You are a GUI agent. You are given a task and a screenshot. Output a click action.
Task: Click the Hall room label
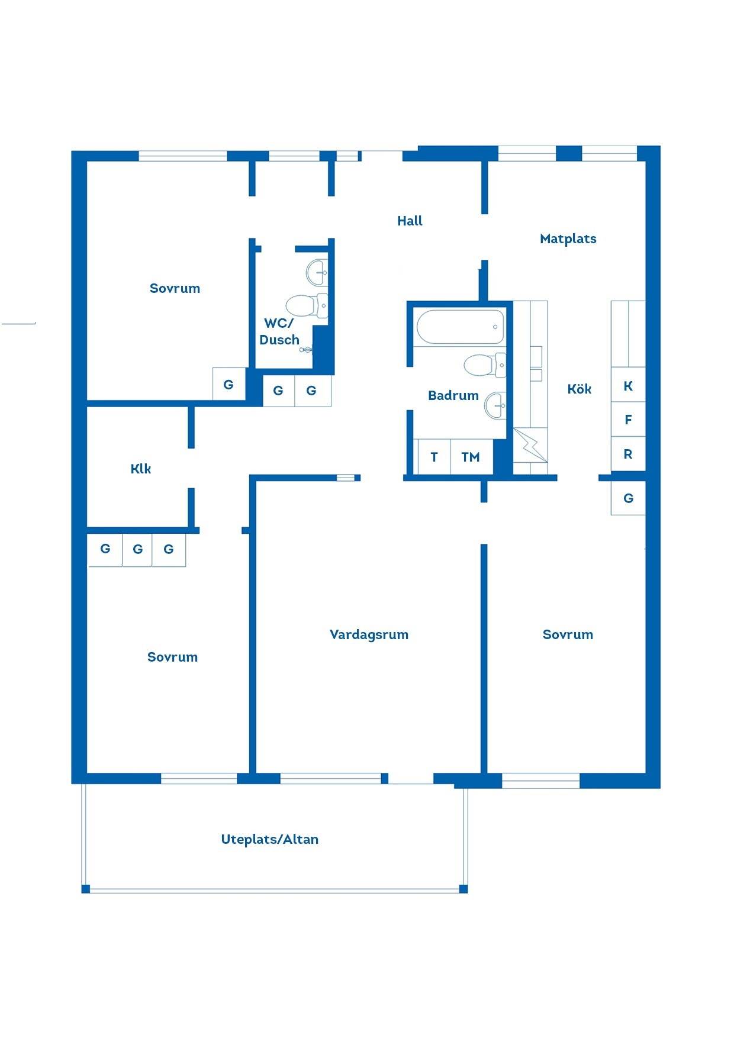[410, 221]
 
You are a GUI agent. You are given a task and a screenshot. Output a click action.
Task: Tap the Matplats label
[568, 239]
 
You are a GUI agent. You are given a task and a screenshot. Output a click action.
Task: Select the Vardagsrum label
[369, 635]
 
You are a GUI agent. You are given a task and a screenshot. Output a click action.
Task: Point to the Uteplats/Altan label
[269, 839]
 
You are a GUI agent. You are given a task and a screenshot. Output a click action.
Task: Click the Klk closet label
[141, 469]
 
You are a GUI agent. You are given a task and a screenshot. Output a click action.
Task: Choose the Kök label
[580, 389]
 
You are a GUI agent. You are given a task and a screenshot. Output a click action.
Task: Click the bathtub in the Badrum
[461, 327]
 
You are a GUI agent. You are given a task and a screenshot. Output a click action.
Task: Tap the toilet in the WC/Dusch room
[307, 305]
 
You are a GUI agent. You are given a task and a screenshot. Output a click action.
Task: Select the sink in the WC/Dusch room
[317, 272]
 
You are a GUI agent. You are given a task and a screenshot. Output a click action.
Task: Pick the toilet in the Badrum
[485, 365]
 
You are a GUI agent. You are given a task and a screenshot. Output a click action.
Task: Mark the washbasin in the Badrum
[495, 405]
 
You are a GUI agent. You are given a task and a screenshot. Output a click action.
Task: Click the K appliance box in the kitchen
[628, 386]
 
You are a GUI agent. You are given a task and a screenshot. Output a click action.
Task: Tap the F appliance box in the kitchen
[628, 420]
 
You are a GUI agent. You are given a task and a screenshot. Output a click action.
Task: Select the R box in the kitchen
[628, 454]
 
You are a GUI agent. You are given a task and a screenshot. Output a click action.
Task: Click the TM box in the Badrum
[471, 456]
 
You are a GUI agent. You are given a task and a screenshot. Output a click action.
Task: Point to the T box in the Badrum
[434, 456]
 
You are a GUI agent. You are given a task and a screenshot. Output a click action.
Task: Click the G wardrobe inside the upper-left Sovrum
[229, 385]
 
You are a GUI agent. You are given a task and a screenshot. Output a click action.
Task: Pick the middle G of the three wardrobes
[137, 549]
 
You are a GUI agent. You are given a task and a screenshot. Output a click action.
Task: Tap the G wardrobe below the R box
[628, 498]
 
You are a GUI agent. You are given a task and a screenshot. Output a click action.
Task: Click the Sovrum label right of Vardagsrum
[568, 635]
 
